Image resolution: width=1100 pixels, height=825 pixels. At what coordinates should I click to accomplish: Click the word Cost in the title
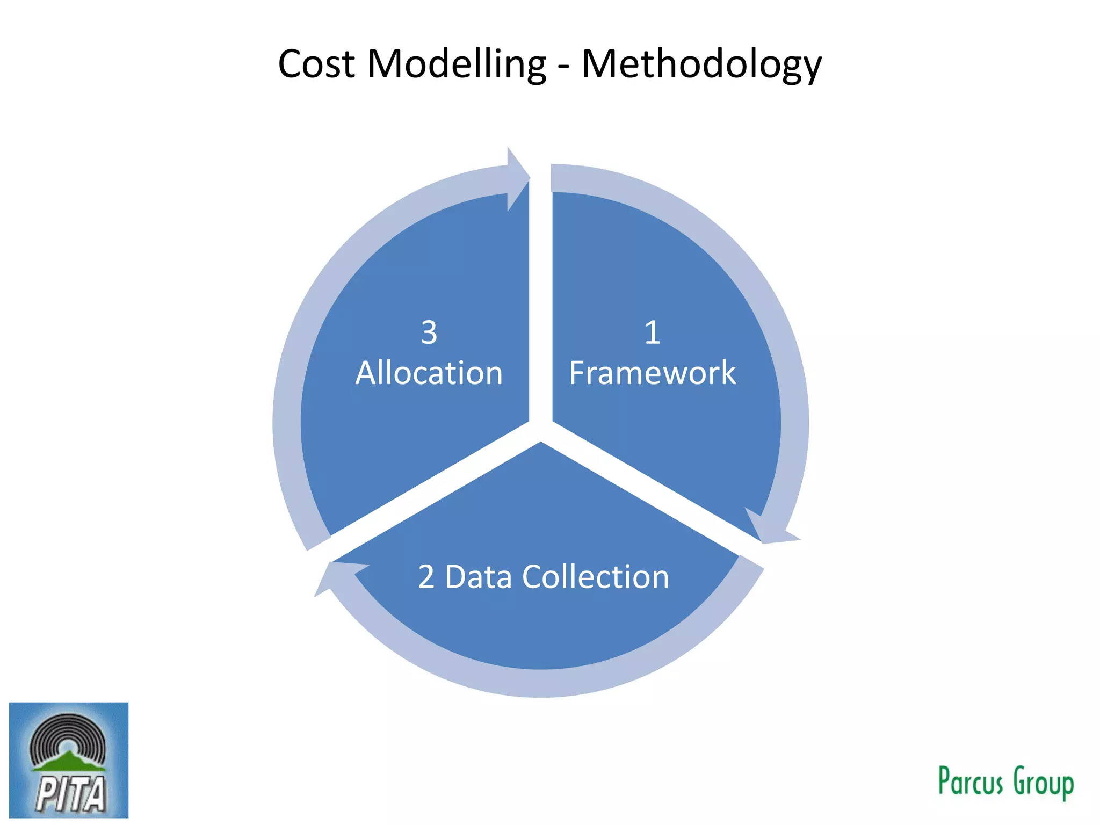[316, 64]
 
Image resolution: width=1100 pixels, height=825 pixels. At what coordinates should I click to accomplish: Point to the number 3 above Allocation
[429, 332]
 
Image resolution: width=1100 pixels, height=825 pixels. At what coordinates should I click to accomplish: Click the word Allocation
[429, 373]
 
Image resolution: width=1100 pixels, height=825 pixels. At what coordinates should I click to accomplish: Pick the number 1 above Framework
[652, 332]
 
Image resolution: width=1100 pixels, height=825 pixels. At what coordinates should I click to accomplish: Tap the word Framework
[652, 373]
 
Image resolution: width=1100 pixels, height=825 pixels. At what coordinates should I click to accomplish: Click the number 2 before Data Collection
[426, 577]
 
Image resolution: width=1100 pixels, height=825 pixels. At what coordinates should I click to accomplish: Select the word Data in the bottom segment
[479, 577]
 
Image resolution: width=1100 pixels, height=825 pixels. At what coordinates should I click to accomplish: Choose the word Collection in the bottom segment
[596, 577]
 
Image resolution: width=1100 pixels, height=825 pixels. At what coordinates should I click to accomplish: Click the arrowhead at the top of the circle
[517, 178]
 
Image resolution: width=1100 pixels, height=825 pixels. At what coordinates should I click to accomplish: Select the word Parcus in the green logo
[970, 781]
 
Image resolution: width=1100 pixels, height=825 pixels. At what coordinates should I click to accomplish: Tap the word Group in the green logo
[1043, 783]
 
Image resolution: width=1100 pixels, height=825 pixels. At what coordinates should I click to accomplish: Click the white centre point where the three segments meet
[541, 430]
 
